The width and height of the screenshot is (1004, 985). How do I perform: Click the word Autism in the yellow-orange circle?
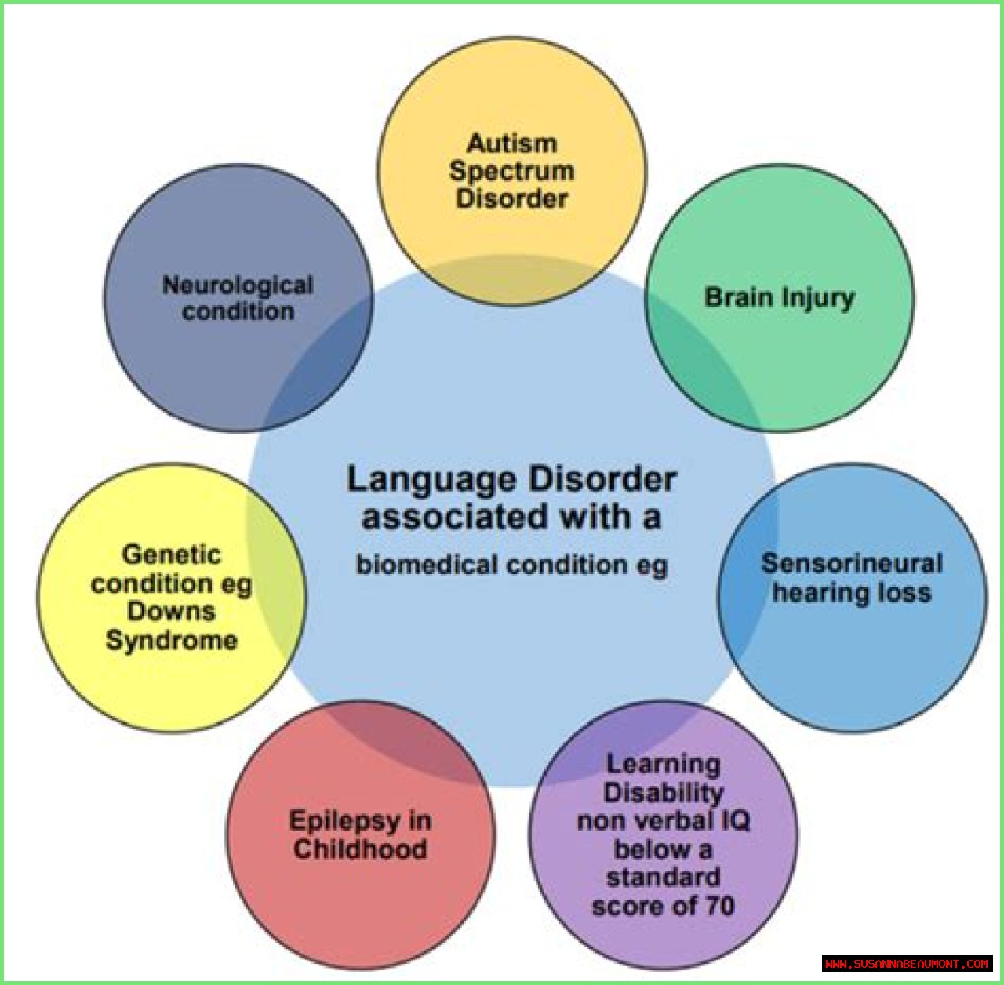click(x=511, y=144)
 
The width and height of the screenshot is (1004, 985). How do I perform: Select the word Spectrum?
click(x=511, y=171)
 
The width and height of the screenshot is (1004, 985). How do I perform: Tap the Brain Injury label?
click(x=779, y=298)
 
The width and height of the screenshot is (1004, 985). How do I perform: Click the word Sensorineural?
click(x=852, y=563)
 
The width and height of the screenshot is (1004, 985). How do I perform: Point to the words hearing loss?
click(x=852, y=592)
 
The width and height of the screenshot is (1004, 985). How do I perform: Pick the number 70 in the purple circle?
click(x=719, y=907)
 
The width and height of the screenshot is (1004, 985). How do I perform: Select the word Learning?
click(x=663, y=764)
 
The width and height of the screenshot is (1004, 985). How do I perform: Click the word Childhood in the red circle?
click(x=360, y=849)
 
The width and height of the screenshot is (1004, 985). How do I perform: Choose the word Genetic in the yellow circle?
click(x=171, y=554)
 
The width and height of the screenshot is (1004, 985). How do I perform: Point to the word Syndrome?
click(x=171, y=640)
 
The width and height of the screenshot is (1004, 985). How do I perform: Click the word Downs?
click(x=171, y=611)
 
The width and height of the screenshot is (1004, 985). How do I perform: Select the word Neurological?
click(x=238, y=285)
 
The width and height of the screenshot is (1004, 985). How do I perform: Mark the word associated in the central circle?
click(x=454, y=518)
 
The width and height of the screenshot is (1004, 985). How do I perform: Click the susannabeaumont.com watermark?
click(x=907, y=963)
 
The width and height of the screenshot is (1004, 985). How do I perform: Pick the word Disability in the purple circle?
click(x=663, y=793)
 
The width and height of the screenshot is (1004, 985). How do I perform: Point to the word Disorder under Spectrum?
click(x=511, y=198)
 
